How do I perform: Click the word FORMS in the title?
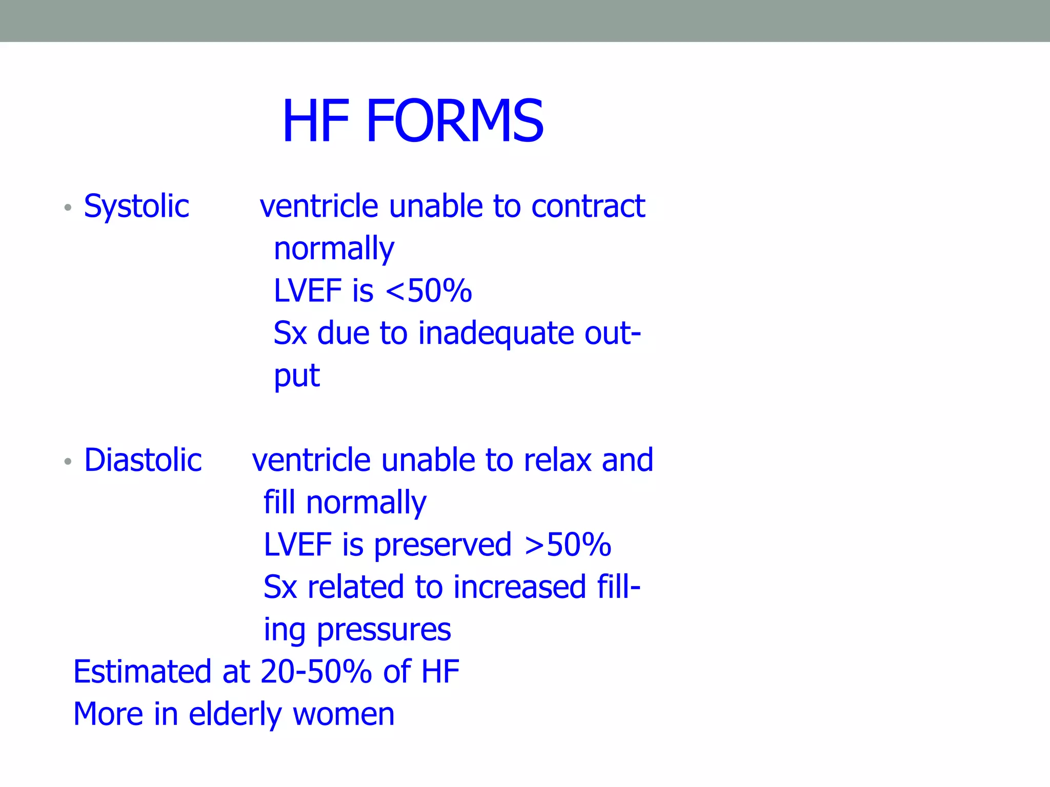point(455,121)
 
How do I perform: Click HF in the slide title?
point(316,121)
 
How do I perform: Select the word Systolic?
point(136,206)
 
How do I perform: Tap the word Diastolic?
point(143,460)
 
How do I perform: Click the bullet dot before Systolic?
point(68,208)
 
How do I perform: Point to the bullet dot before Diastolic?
point(68,462)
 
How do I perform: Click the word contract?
point(588,206)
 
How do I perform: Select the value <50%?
point(429,291)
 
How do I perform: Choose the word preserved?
point(442,545)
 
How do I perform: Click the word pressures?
point(384,630)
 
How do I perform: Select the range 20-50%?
point(316,672)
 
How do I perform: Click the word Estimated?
point(142,672)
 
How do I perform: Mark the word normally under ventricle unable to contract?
point(334,250)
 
